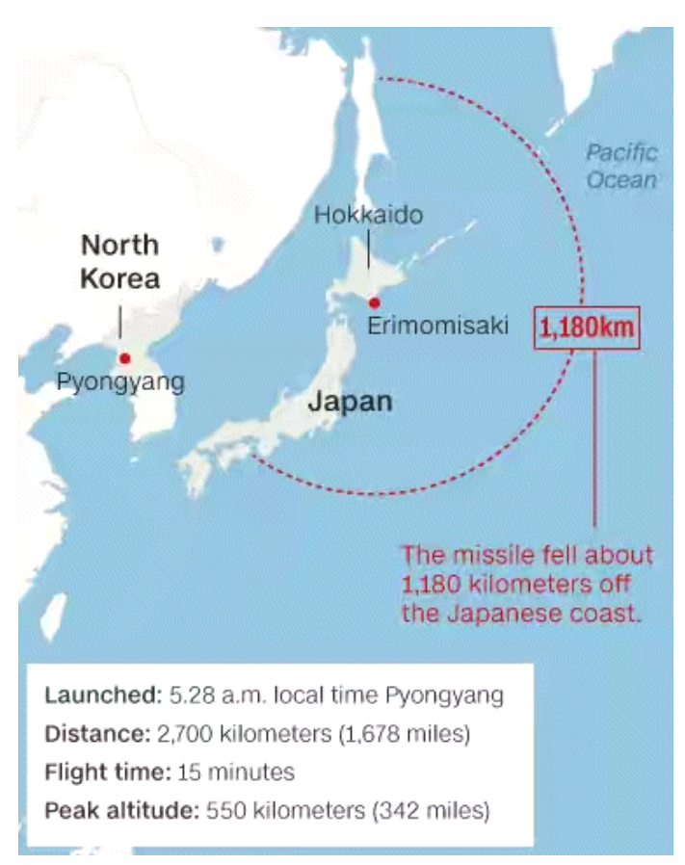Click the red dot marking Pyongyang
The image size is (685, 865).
[x=124, y=358]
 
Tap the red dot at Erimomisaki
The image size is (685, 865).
[x=374, y=302]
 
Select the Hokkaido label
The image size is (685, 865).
[x=368, y=215]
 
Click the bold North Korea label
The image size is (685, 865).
[x=119, y=261]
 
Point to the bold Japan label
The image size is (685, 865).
[x=350, y=401]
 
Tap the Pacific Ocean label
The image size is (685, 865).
[x=621, y=166]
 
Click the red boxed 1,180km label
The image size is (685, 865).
[x=587, y=327]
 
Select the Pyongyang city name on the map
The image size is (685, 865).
[x=119, y=381]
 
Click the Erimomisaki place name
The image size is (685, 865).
[x=437, y=326]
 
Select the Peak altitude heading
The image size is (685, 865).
[x=120, y=811]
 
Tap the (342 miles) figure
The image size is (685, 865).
[x=430, y=811]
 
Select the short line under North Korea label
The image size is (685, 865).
[x=119, y=321]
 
